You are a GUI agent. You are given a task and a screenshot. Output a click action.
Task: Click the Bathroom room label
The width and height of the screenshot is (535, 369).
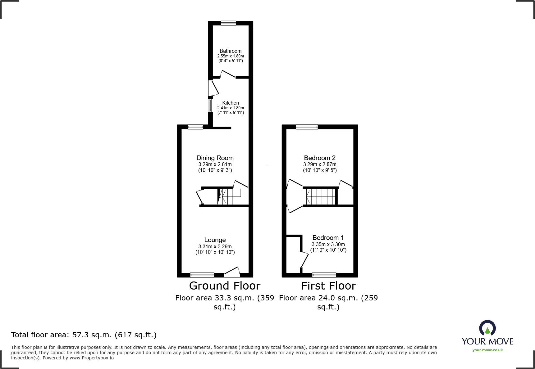(x=230, y=51)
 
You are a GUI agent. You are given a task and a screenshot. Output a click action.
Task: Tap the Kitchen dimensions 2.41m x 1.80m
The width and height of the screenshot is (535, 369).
(x=230, y=108)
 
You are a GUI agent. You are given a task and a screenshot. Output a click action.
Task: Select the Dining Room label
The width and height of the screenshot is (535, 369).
(x=215, y=158)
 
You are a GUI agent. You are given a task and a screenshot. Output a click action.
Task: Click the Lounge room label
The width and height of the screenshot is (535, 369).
(x=215, y=240)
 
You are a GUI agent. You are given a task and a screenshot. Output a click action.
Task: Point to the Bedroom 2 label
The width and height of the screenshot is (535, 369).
(x=319, y=158)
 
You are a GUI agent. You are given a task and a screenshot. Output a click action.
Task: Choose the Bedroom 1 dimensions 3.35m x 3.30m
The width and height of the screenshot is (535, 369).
(x=328, y=244)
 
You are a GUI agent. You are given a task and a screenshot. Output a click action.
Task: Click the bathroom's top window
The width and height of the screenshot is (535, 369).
(x=228, y=23)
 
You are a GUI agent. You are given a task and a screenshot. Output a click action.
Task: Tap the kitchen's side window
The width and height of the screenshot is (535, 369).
(x=210, y=105)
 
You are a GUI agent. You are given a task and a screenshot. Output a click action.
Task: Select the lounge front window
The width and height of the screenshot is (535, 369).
(x=202, y=275)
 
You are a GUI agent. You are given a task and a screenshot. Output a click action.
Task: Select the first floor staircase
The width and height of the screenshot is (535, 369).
(x=321, y=196)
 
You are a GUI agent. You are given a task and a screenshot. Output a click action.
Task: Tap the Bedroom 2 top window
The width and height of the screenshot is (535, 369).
(x=307, y=127)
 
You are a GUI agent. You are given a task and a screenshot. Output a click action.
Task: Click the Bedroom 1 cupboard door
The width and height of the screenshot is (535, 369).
(x=304, y=260)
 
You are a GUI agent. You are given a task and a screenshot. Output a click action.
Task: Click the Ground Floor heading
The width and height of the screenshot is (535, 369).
(x=224, y=286)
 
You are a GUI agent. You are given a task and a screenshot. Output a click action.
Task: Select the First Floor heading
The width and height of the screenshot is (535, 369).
(x=328, y=286)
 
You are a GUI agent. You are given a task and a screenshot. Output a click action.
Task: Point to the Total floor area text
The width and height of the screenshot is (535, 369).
(x=84, y=335)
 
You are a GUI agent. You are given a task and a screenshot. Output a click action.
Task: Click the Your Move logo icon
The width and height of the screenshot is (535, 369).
(x=487, y=328)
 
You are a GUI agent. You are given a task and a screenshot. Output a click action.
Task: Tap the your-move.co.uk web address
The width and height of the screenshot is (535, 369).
(x=487, y=350)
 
